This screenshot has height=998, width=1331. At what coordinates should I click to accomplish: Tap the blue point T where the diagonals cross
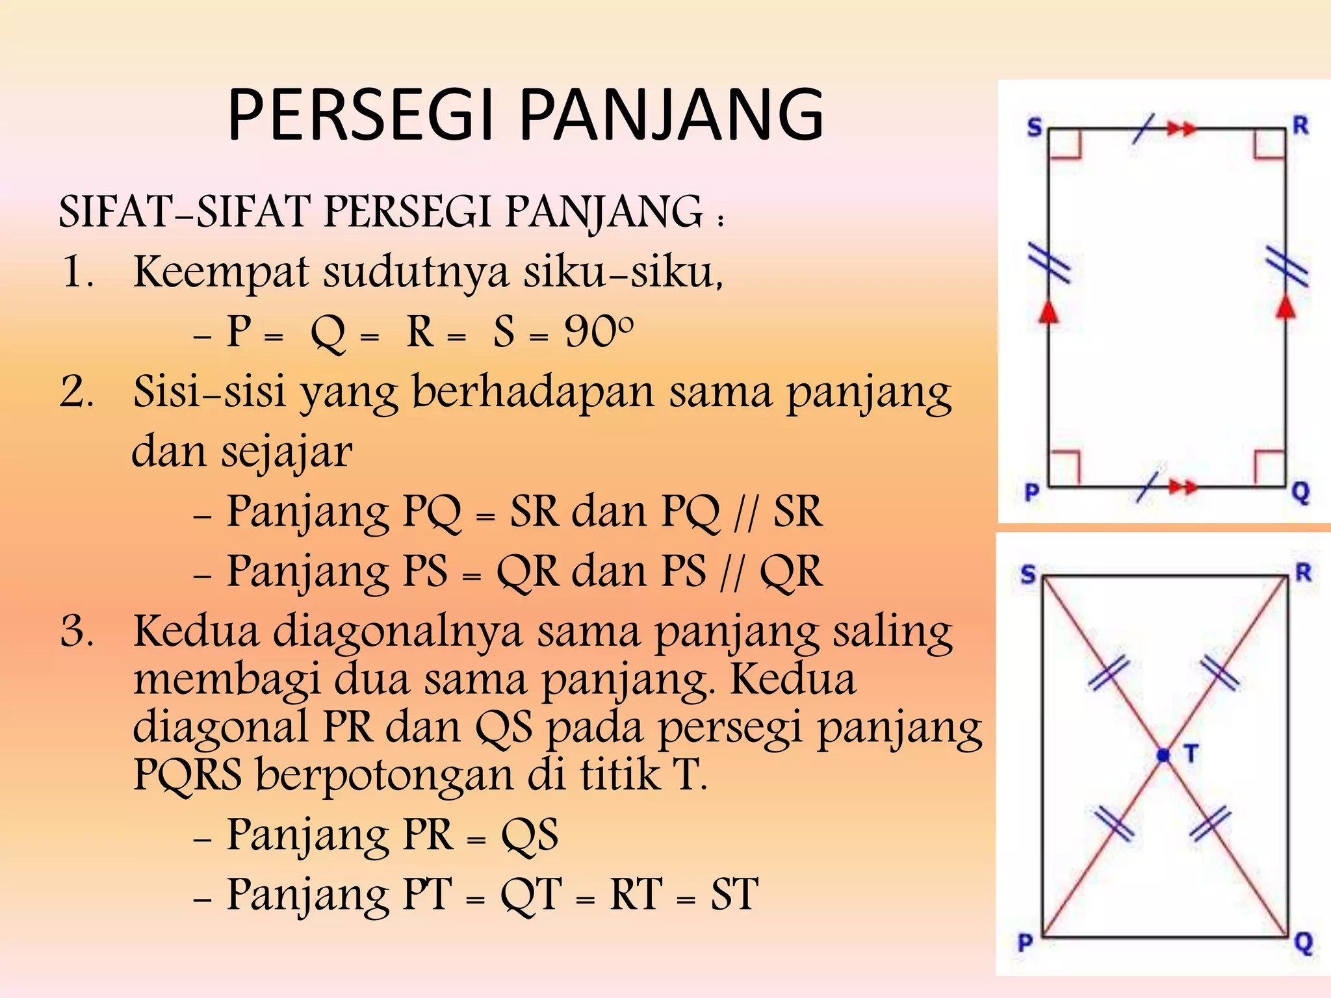click(1163, 755)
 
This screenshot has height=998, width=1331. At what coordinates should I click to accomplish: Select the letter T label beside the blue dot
click(1191, 754)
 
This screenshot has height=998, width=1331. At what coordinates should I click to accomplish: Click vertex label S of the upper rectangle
click(1034, 127)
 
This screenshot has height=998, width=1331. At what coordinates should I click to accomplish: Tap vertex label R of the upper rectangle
click(1300, 125)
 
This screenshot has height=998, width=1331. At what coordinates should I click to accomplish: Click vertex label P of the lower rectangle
click(1026, 942)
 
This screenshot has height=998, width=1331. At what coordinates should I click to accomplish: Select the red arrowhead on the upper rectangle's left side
click(1048, 311)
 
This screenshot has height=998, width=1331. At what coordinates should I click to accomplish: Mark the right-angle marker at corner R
click(1269, 144)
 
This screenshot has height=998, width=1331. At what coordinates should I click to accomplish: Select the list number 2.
click(77, 392)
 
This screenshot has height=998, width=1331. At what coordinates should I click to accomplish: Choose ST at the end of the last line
click(734, 895)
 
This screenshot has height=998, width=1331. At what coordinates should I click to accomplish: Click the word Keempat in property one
click(221, 272)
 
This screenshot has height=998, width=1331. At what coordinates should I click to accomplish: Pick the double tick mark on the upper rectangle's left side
click(1048, 263)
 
